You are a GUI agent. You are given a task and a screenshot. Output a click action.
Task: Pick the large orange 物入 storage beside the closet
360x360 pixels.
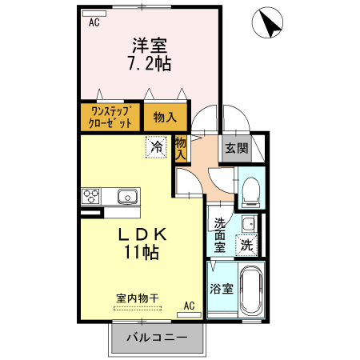tap(164, 117)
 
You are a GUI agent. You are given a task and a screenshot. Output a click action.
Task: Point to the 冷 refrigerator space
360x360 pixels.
tap(157, 147)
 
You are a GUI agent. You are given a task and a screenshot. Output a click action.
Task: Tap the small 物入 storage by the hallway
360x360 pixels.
tap(181, 149)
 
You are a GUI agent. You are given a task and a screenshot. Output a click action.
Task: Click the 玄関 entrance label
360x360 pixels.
tap(236, 148)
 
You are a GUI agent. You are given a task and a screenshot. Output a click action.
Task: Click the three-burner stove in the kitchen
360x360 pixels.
tap(90, 196)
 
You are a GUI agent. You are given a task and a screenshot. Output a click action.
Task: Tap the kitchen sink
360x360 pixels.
tap(127, 196)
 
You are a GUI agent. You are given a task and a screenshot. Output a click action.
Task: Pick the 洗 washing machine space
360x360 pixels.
tap(248, 246)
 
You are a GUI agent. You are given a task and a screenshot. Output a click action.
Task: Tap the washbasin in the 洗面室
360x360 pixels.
tap(249, 222)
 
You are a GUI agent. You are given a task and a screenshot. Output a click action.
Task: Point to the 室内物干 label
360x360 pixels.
tap(138, 298)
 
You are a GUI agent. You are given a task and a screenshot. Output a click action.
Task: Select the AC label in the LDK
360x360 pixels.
tap(190, 306)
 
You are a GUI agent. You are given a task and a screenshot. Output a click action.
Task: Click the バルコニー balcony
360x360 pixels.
tap(157, 338)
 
